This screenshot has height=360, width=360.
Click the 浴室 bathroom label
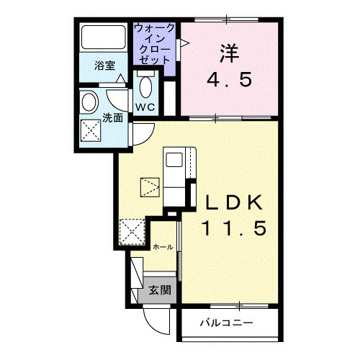pyautogui.click(x=105, y=66)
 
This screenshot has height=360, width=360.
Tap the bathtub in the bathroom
pyautogui.click(x=103, y=37)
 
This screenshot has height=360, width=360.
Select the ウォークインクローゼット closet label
pyautogui.click(x=154, y=44)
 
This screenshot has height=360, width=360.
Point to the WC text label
pyautogui.click(x=145, y=108)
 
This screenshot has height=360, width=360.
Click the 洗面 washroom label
pyautogui.click(x=112, y=117)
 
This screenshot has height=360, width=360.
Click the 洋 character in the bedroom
pyautogui.click(x=228, y=52)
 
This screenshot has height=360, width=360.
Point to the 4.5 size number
pyautogui.click(x=228, y=79)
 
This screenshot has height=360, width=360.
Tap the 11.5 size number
pyautogui.click(x=233, y=229)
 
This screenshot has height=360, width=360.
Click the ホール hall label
pyautogui.click(x=162, y=247)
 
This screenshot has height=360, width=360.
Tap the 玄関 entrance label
pyautogui.click(x=160, y=291)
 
